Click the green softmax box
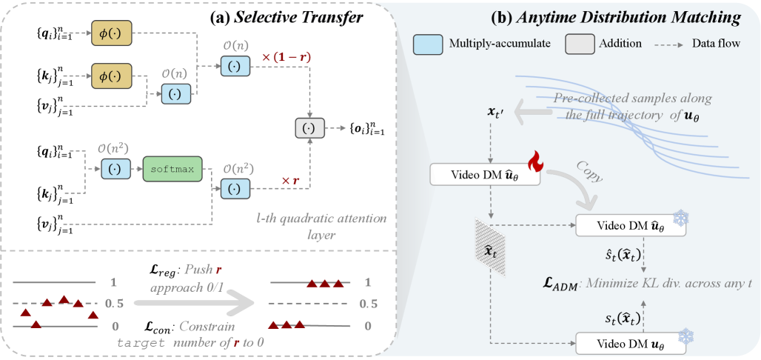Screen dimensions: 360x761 pos(171,170)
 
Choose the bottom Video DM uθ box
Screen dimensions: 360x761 pos(630,344)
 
